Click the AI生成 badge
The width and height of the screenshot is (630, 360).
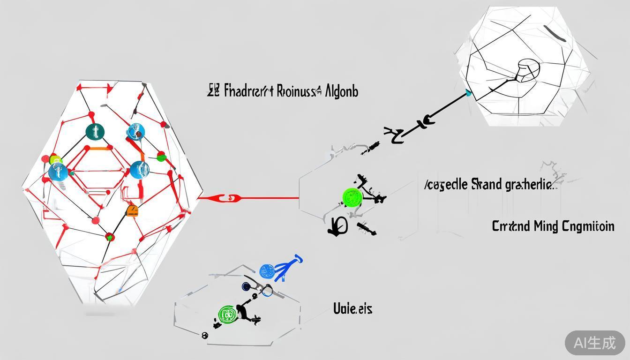[x=595, y=343]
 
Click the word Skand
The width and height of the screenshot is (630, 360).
[x=486, y=184]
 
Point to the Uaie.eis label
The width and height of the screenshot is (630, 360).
[x=352, y=308]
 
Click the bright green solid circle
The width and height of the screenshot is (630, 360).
[x=352, y=197]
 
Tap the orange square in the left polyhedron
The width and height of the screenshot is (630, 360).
[x=132, y=211]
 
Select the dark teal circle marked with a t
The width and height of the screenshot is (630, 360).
[x=95, y=132]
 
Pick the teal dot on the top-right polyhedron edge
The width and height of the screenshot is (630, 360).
[x=469, y=93]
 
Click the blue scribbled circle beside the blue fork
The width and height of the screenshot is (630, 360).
[x=267, y=270]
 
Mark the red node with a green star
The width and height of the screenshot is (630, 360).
[x=110, y=237]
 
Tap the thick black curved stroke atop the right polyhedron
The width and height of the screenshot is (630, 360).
[x=557, y=33]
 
